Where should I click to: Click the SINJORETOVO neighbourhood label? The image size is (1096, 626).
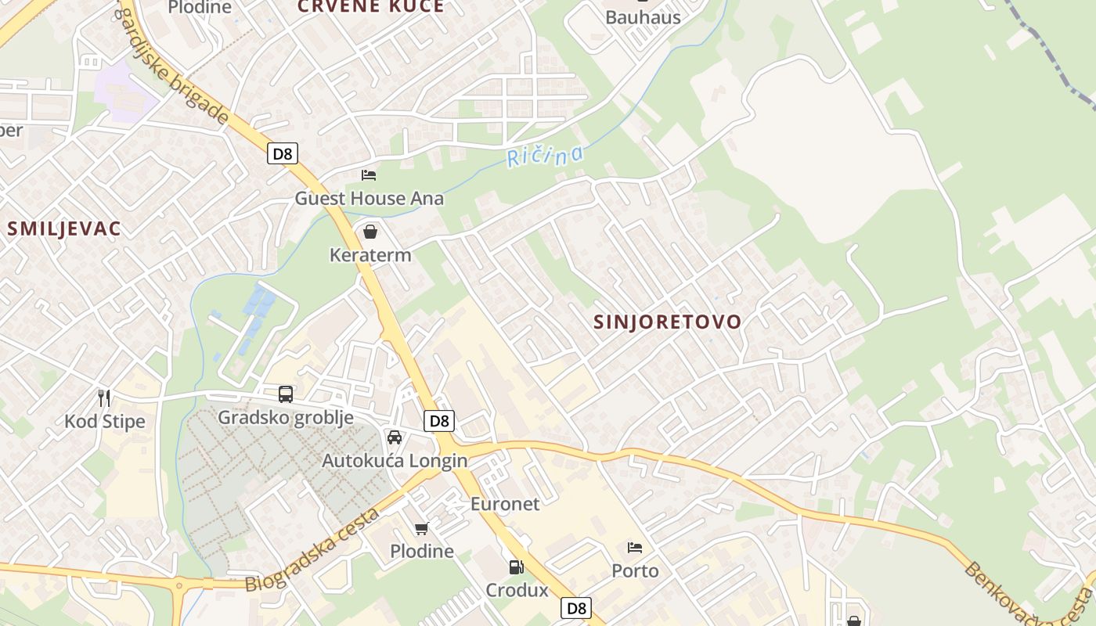click(667, 322)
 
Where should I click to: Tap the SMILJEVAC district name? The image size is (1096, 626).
click(64, 228)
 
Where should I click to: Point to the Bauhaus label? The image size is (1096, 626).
click(643, 17)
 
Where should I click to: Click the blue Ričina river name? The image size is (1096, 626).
click(545, 155)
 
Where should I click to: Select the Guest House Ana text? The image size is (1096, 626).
click(369, 198)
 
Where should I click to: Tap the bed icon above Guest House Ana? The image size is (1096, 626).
click(369, 174)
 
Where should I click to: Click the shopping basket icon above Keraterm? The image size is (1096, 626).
click(370, 232)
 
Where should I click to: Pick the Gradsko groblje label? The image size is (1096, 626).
click(285, 417)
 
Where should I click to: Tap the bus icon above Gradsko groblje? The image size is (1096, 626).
click(286, 394)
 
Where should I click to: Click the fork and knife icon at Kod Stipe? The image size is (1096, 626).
click(104, 398)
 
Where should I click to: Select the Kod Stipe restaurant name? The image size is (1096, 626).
click(104, 422)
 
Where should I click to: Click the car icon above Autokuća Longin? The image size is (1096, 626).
click(395, 437)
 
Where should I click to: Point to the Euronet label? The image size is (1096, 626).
click(505, 504)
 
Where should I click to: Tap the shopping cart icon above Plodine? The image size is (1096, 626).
click(422, 529)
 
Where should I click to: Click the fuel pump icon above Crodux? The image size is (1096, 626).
click(516, 567)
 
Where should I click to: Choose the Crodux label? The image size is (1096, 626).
click(517, 590)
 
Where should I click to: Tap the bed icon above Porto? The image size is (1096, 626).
click(635, 548)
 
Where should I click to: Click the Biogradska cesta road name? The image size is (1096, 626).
click(312, 549)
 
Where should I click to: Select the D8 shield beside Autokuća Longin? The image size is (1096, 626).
click(440, 421)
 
